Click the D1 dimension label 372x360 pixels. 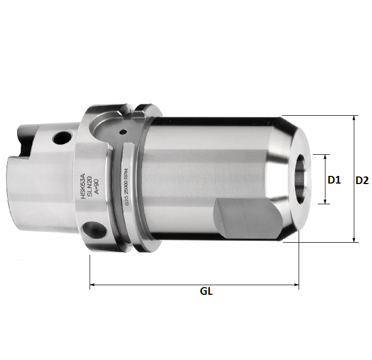click(335, 179)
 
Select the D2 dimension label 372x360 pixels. click(362, 179)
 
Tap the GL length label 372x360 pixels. click(206, 292)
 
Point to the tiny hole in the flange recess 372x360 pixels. click(122, 132)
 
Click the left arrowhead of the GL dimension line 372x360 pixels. click(92, 286)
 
